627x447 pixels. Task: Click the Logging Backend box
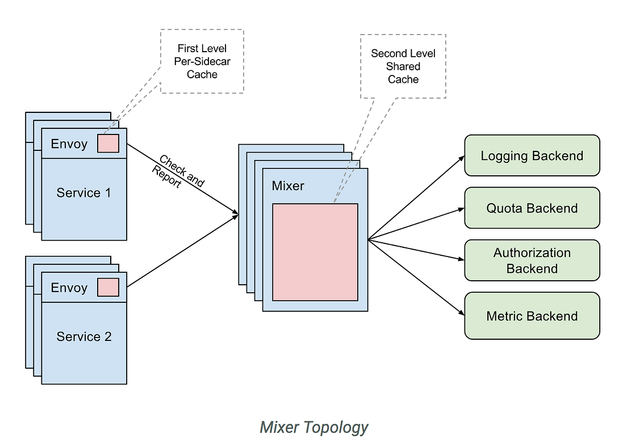click(532, 155)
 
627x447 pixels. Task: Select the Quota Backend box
click(532, 208)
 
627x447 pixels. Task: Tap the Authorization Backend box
click(532, 260)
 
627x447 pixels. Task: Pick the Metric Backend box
click(532, 316)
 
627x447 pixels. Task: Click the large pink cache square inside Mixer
click(315, 252)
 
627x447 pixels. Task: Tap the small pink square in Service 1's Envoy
click(108, 144)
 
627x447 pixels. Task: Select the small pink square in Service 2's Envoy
click(108, 288)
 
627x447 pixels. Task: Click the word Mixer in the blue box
click(288, 185)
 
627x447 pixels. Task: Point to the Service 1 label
click(83, 193)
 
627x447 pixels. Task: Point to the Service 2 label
click(83, 337)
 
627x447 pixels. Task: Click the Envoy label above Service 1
click(69, 144)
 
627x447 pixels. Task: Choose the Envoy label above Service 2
click(69, 288)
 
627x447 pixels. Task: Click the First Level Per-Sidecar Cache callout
click(202, 61)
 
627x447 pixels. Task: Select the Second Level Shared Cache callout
click(403, 66)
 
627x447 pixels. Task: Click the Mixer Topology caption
click(313, 427)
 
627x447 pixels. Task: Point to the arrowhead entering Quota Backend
click(461, 209)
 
